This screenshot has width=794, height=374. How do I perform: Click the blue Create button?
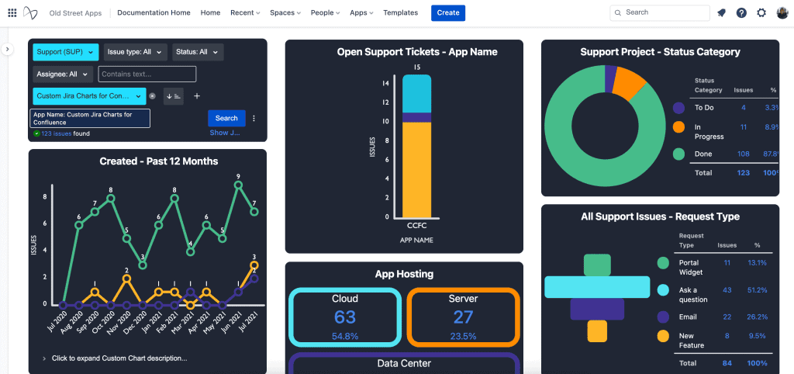pyautogui.click(x=448, y=12)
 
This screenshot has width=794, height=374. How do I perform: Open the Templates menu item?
pyautogui.click(x=400, y=12)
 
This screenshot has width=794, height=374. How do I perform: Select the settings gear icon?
pyautogui.click(x=761, y=13)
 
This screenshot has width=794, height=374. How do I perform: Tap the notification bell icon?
pyautogui.click(x=722, y=13)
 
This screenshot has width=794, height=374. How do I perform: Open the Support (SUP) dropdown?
pyautogui.click(x=66, y=52)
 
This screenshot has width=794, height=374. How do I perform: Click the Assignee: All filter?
pyautogui.click(x=63, y=74)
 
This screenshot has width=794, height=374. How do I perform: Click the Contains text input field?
pyautogui.click(x=147, y=74)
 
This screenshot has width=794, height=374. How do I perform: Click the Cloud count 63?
pyautogui.click(x=345, y=317)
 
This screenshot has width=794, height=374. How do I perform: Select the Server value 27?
pyautogui.click(x=463, y=317)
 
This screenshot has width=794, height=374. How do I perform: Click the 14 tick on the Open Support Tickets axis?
pyautogui.click(x=385, y=83)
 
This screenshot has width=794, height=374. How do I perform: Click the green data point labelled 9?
pyautogui.click(x=238, y=185)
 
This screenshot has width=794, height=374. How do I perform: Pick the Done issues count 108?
pyautogui.click(x=743, y=154)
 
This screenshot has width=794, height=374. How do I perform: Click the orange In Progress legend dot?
pyautogui.click(x=679, y=126)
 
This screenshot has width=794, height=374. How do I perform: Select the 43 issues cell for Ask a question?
pyautogui.click(x=727, y=290)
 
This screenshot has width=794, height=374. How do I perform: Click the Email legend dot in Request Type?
pyautogui.click(x=663, y=317)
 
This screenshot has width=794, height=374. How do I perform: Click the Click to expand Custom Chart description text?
pyautogui.click(x=119, y=358)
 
